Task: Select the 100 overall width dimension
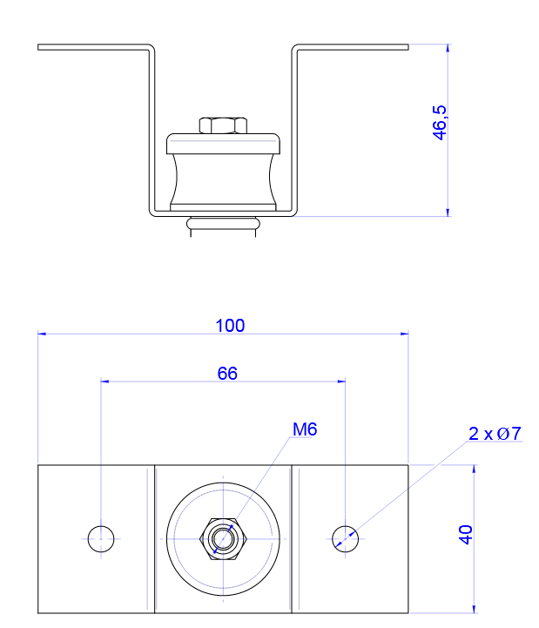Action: [x=230, y=326]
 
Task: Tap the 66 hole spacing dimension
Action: [x=226, y=374]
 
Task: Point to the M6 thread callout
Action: [x=305, y=429]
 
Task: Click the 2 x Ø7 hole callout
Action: [x=494, y=433]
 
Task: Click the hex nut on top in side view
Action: [x=223, y=125]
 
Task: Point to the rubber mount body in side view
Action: [x=224, y=179]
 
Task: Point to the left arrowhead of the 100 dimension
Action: [x=43, y=334]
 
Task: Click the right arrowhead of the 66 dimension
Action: [x=342, y=381]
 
